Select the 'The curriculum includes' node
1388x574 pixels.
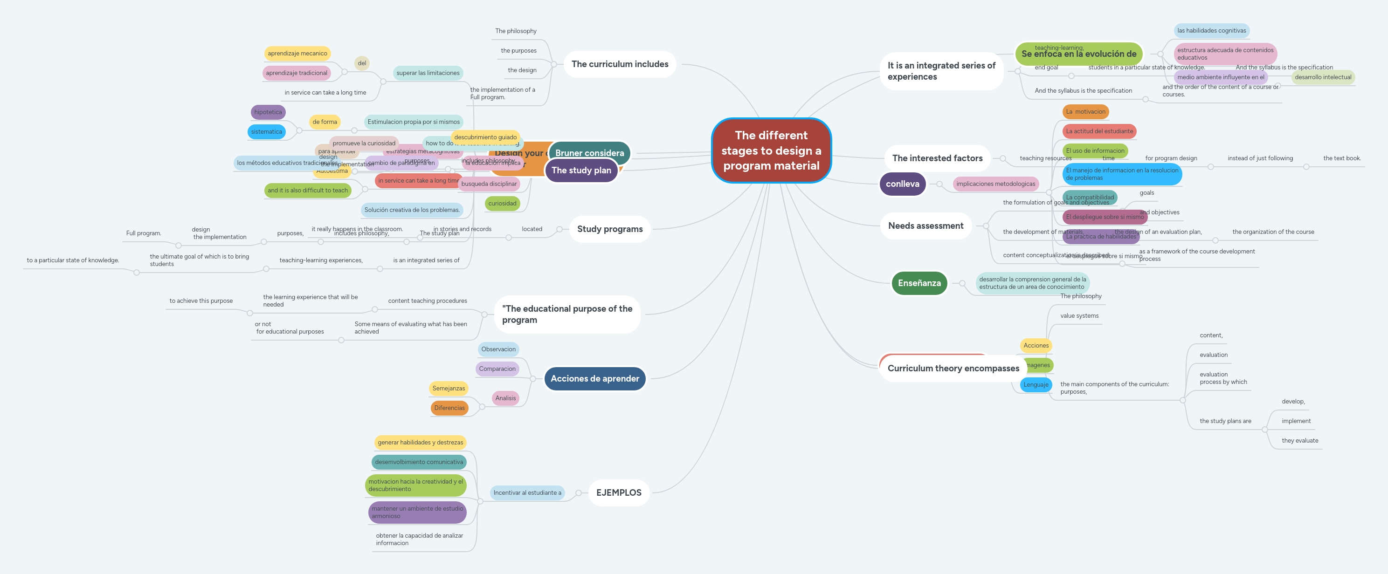(x=620, y=64)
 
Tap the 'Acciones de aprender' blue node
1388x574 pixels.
(x=594, y=378)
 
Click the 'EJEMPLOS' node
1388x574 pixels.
(x=619, y=492)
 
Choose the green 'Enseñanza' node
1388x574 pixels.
(x=919, y=283)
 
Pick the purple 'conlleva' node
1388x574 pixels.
(x=903, y=184)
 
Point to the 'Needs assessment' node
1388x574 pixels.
(x=925, y=225)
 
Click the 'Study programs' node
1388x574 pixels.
(x=609, y=229)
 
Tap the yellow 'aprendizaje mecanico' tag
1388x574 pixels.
(x=297, y=53)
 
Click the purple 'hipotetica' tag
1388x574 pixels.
(x=268, y=112)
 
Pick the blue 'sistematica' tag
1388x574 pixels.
(x=266, y=132)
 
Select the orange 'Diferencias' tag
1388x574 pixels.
(x=449, y=408)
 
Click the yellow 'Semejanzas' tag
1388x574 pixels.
(x=449, y=388)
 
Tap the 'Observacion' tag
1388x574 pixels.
(x=498, y=349)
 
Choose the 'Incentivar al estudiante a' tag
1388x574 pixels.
(x=527, y=492)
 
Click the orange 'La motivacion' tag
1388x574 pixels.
(x=1085, y=112)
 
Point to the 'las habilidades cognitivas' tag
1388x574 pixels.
(x=1211, y=31)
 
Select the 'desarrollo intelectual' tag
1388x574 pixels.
(x=1323, y=77)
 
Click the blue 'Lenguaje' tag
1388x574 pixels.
(x=1036, y=384)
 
